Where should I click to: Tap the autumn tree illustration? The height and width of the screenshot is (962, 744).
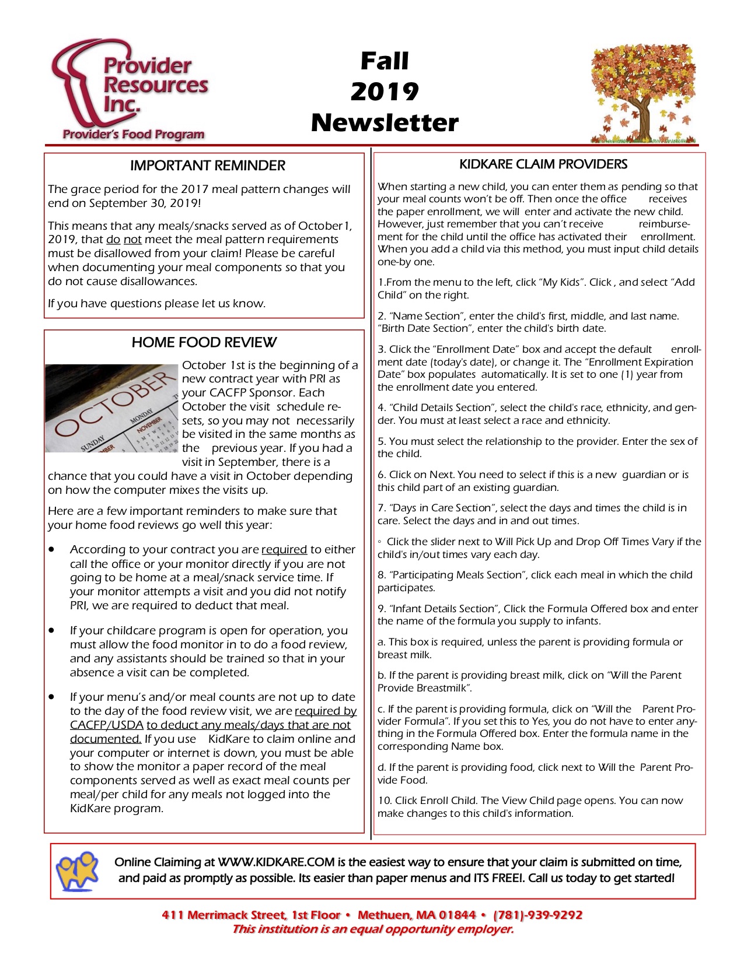click(642, 93)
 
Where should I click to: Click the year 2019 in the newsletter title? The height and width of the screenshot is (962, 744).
click(385, 92)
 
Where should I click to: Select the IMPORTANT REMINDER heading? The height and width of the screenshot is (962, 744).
click(207, 166)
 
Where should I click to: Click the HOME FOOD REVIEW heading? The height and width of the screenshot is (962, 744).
click(204, 342)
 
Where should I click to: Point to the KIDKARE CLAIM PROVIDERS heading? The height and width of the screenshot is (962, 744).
click(543, 164)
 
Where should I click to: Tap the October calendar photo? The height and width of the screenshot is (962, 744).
click(111, 408)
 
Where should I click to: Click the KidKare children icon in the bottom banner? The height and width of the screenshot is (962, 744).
click(76, 870)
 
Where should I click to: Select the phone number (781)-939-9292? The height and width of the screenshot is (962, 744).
click(538, 915)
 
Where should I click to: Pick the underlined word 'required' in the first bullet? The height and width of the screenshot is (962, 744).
click(284, 549)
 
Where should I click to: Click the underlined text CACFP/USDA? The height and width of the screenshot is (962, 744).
click(107, 725)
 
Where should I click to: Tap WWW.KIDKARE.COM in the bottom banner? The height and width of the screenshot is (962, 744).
click(277, 862)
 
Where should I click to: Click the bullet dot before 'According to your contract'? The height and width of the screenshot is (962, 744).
click(53, 549)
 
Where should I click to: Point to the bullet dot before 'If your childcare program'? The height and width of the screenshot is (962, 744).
click(53, 630)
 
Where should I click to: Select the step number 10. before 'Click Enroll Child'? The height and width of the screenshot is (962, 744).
click(384, 801)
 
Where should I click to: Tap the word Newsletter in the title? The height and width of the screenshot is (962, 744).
click(385, 122)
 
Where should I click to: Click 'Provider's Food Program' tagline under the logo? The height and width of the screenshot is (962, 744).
click(134, 134)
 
